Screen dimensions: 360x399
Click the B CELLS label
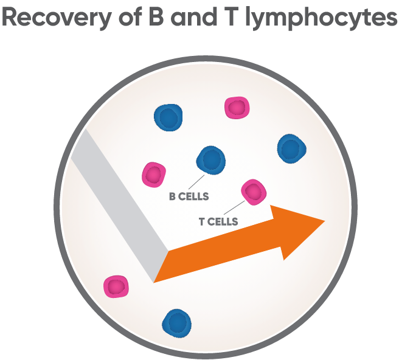(x=189, y=196)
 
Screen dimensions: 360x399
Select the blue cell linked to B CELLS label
(x=210, y=160)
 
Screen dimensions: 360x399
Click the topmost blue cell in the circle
(x=168, y=117)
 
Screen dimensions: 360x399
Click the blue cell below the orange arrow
(x=176, y=322)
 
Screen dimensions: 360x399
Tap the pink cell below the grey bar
(x=116, y=286)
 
